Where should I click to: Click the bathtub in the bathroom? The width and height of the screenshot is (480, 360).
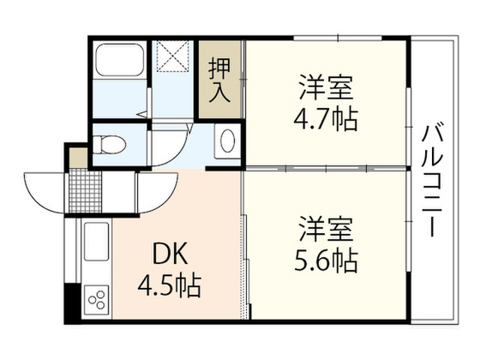[120, 60]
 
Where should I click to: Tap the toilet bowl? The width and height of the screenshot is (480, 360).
[109, 145]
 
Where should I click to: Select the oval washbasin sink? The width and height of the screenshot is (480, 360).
[227, 141]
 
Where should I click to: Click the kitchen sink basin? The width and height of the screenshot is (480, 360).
[96, 241]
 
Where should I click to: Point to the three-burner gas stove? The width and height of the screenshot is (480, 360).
[96, 300]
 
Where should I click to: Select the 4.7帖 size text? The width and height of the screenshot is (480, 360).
[325, 119]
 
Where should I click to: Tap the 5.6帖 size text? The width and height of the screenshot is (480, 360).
[325, 261]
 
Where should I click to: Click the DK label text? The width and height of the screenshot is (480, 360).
[170, 253]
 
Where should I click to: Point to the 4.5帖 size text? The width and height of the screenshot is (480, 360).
[169, 285]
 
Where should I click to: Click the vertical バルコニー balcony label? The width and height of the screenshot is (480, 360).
[432, 181]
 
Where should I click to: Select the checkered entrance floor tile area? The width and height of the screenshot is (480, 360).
[85, 192]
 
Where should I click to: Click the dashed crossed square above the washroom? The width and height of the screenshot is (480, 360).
[172, 56]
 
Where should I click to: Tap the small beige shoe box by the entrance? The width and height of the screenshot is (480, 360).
[79, 158]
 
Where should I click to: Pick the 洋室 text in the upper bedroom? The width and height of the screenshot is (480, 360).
[326, 87]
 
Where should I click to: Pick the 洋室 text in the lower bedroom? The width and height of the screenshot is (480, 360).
[326, 229]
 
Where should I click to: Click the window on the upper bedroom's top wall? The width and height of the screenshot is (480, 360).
[338, 38]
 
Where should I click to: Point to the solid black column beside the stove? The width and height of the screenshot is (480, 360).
[72, 303]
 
